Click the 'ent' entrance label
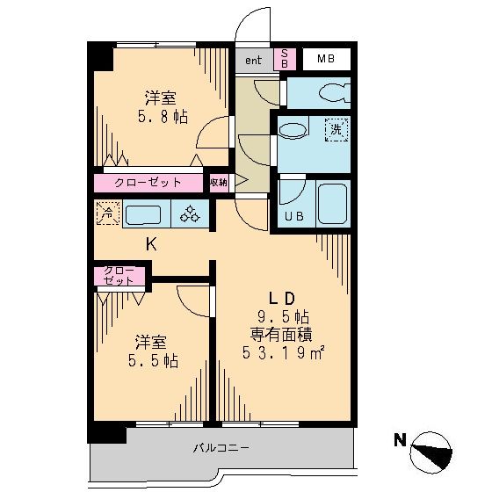pos(253,61)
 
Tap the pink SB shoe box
pos(285,60)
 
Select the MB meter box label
pos(326,60)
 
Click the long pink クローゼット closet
pos(148,183)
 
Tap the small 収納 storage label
pos(219,183)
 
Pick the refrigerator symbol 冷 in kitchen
pos(105,212)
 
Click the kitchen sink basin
pos(142,213)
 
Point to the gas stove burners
pos(191,213)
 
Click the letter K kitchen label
pos(150,245)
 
